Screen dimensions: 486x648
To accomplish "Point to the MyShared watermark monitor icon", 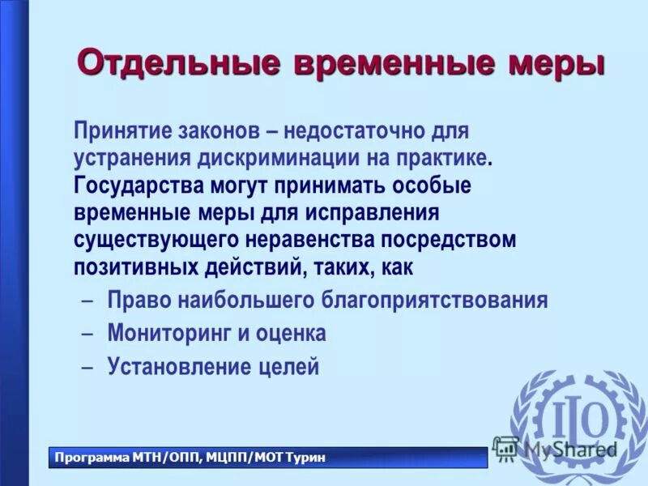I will click(505, 446).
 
